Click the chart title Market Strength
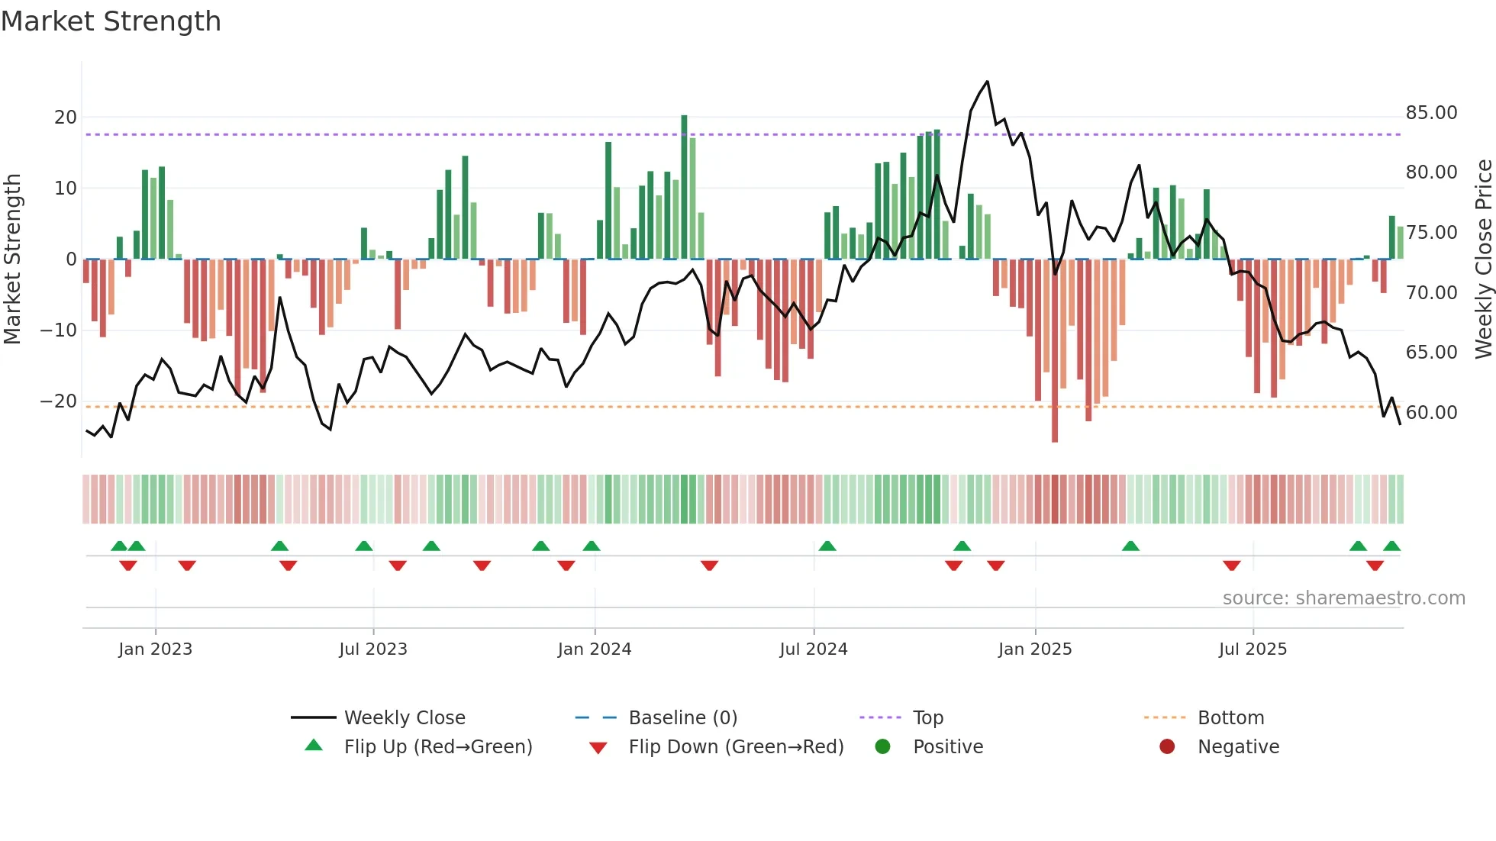111,21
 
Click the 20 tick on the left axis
66,118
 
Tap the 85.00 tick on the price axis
1431,113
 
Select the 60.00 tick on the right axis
1431,413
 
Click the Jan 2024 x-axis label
595,649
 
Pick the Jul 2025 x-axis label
1253,649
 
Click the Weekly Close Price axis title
1483,259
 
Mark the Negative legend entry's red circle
1167,746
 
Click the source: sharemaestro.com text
1343,598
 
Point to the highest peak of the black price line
988,82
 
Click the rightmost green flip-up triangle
1391,546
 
